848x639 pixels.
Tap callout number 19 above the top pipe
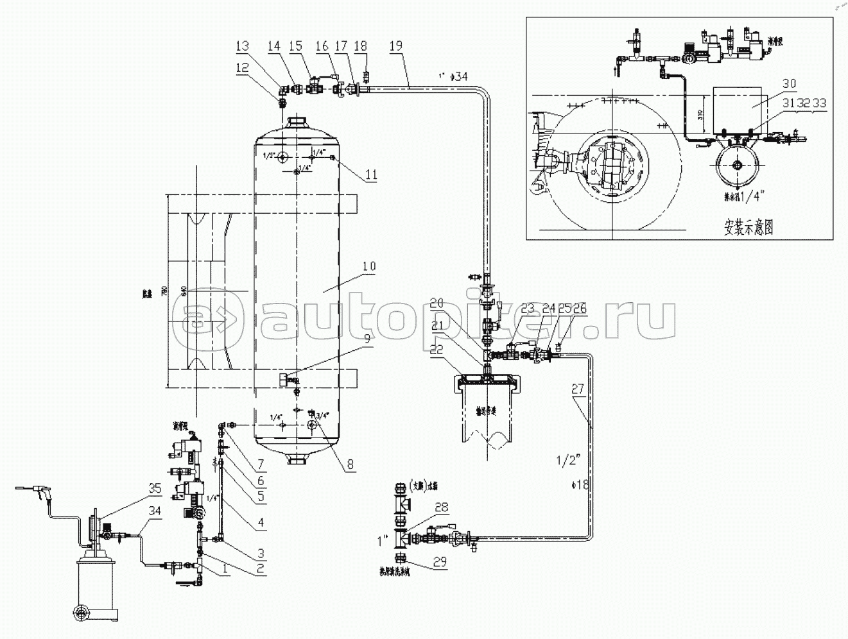[x=396, y=46]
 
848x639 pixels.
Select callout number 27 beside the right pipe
[x=577, y=388]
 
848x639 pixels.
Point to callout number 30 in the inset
[x=789, y=83]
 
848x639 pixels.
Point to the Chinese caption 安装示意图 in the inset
[x=748, y=228]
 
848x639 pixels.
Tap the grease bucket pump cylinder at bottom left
[x=96, y=587]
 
